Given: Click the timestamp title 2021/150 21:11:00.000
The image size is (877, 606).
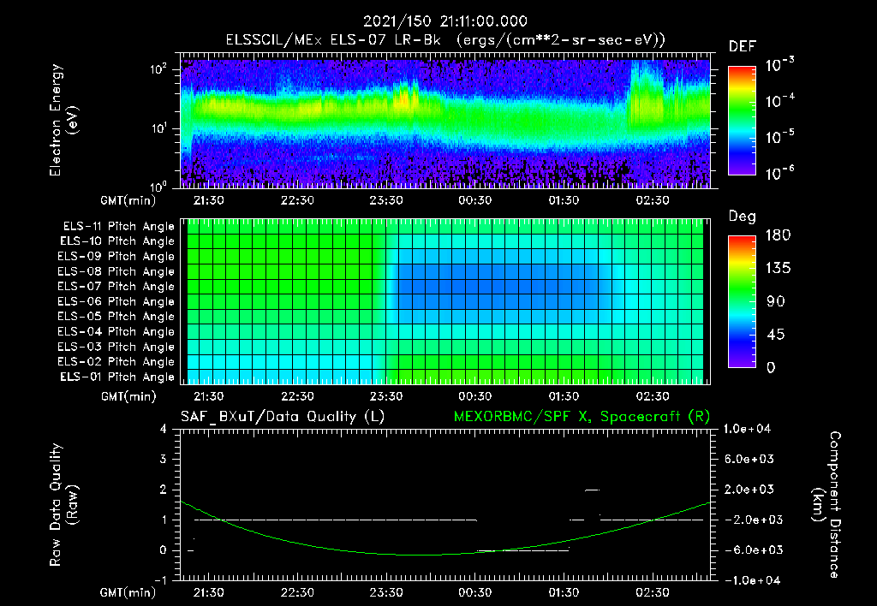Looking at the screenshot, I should (x=444, y=21).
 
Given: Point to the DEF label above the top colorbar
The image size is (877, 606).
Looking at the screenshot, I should (x=741, y=46).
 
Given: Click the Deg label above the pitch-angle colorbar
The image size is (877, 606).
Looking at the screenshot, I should (x=741, y=216).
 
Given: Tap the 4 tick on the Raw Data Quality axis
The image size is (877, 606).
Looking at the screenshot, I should (x=164, y=429).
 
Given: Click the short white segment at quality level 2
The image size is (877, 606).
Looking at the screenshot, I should (x=592, y=490).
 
